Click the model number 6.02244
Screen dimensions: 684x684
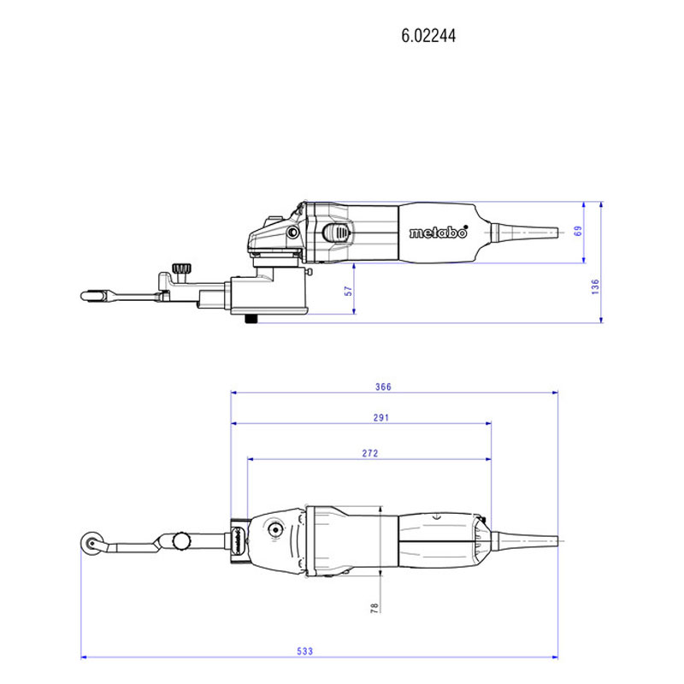tap(428, 36)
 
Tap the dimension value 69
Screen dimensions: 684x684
tap(578, 231)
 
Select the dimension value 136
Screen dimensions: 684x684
tap(595, 287)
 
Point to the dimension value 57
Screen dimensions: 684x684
tap(348, 291)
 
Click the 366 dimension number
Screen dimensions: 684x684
tap(383, 387)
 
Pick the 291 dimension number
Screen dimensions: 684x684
tap(380, 418)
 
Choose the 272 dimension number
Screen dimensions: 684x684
tap(370, 454)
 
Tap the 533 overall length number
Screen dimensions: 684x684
tap(305, 652)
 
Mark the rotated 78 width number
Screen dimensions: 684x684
tap(374, 608)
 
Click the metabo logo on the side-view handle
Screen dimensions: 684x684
tap(439, 233)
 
